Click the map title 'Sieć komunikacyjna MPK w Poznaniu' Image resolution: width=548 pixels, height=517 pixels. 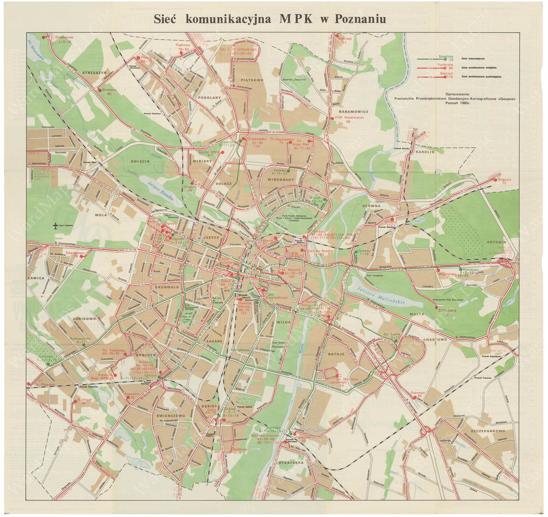(270, 19)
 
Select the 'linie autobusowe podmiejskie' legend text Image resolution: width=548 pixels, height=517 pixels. (481, 77)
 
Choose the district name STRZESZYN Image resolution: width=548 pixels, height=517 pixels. (94, 73)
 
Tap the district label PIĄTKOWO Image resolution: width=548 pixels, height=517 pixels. (252, 80)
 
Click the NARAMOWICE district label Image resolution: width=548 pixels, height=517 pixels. (353, 111)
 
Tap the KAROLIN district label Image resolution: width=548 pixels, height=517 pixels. (425, 152)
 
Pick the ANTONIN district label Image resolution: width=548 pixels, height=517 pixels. (496, 242)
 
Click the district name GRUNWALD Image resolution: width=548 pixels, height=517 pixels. (167, 287)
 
